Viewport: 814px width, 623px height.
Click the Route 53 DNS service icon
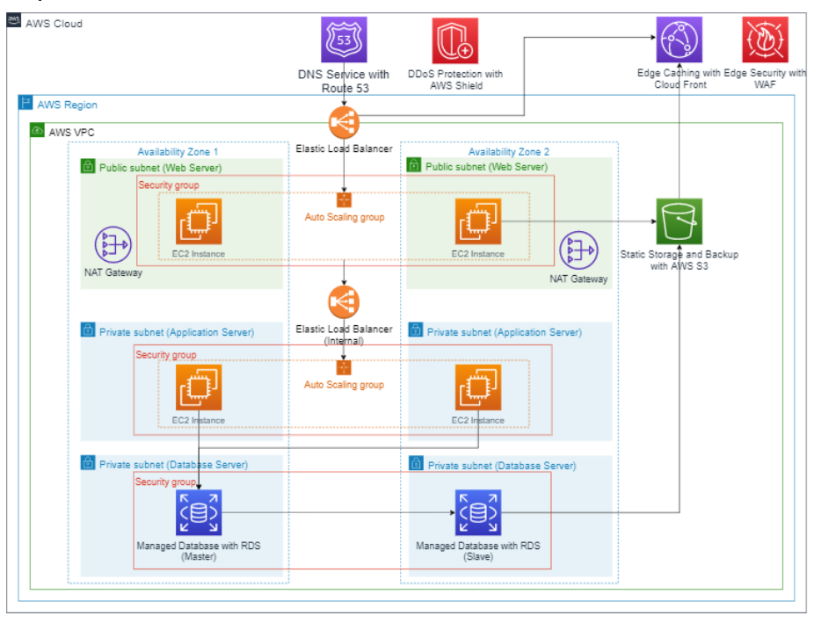pyautogui.click(x=344, y=40)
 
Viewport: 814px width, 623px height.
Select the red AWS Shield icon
pyautogui.click(x=455, y=40)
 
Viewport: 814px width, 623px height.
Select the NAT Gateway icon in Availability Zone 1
pyautogui.click(x=113, y=245)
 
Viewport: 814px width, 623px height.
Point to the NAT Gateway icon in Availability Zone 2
pyautogui.click(x=578, y=251)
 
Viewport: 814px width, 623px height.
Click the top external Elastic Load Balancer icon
pyautogui.click(x=344, y=121)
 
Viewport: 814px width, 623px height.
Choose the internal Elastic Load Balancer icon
pyautogui.click(x=344, y=302)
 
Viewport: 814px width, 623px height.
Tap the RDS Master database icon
pyautogui.click(x=199, y=512)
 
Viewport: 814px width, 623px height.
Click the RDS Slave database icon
pyautogui.click(x=477, y=512)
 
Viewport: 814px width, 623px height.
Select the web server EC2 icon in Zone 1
pyautogui.click(x=199, y=221)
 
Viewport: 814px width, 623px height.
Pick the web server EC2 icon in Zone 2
pyautogui.click(x=477, y=221)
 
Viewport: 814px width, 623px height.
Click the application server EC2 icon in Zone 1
pyautogui.click(x=199, y=388)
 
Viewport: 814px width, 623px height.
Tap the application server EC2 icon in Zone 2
pyautogui.click(x=477, y=388)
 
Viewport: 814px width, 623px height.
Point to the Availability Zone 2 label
pyautogui.click(x=509, y=151)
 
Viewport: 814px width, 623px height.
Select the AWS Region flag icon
pyautogui.click(x=25, y=104)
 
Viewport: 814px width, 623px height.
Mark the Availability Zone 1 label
pyautogui.click(x=178, y=151)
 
